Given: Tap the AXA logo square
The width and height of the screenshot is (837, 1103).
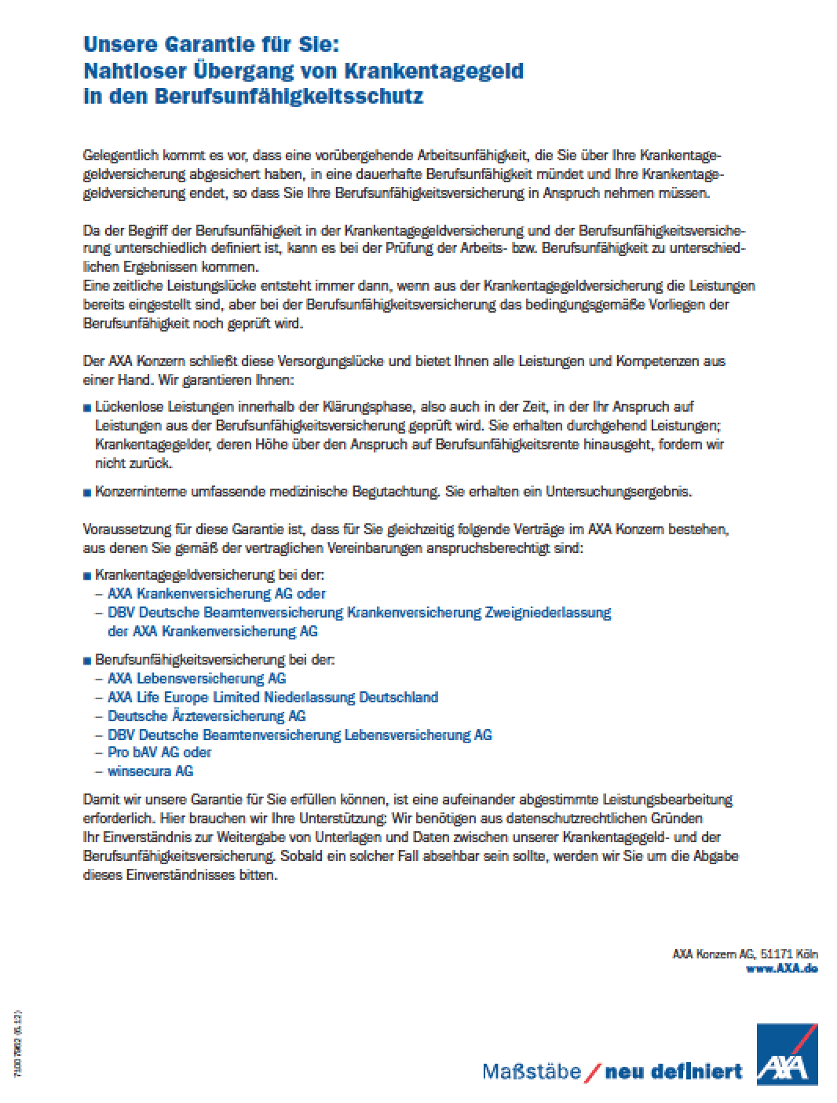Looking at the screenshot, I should pyautogui.click(x=787, y=1055).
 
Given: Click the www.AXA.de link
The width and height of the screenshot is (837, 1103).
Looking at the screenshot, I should pyautogui.click(x=781, y=969).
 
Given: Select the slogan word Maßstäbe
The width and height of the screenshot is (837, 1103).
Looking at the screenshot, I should pyautogui.click(x=532, y=1071).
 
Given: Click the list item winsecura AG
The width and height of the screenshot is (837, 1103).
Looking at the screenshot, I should pyautogui.click(x=150, y=771).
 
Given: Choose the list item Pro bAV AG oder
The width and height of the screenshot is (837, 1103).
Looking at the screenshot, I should pyautogui.click(x=159, y=752).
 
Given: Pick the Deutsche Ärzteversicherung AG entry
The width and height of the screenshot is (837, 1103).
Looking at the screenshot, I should pyautogui.click(x=207, y=716).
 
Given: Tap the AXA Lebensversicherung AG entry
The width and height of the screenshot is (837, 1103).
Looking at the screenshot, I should pyautogui.click(x=196, y=678).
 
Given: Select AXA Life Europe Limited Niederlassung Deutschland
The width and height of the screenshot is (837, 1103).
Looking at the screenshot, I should pyautogui.click(x=272, y=697).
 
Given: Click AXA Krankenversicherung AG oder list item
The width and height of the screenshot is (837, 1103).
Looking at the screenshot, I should pyautogui.click(x=216, y=593).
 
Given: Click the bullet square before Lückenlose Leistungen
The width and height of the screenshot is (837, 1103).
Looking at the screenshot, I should pyautogui.click(x=86, y=408).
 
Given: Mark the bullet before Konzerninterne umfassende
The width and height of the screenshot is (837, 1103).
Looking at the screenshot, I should pyautogui.click(x=86, y=493).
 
